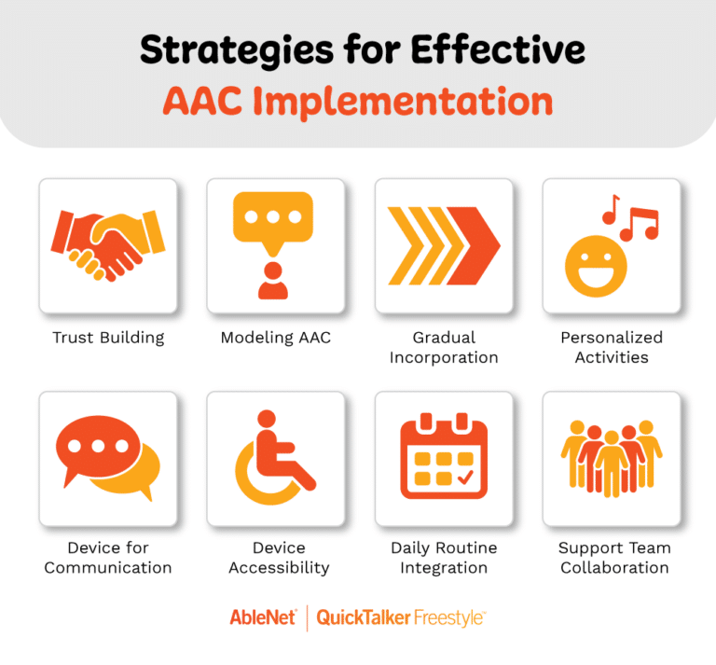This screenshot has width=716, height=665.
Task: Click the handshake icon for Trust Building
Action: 107,244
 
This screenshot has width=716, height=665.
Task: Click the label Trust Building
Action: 108,338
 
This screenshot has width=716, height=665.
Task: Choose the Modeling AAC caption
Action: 275,338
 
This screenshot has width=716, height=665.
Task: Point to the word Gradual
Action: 444,338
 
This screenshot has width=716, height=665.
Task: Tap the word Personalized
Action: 612,338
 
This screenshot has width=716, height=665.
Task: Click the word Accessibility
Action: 275,567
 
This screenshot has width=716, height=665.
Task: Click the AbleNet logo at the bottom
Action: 263,617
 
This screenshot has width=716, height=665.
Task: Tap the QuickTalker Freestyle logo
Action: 401,617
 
